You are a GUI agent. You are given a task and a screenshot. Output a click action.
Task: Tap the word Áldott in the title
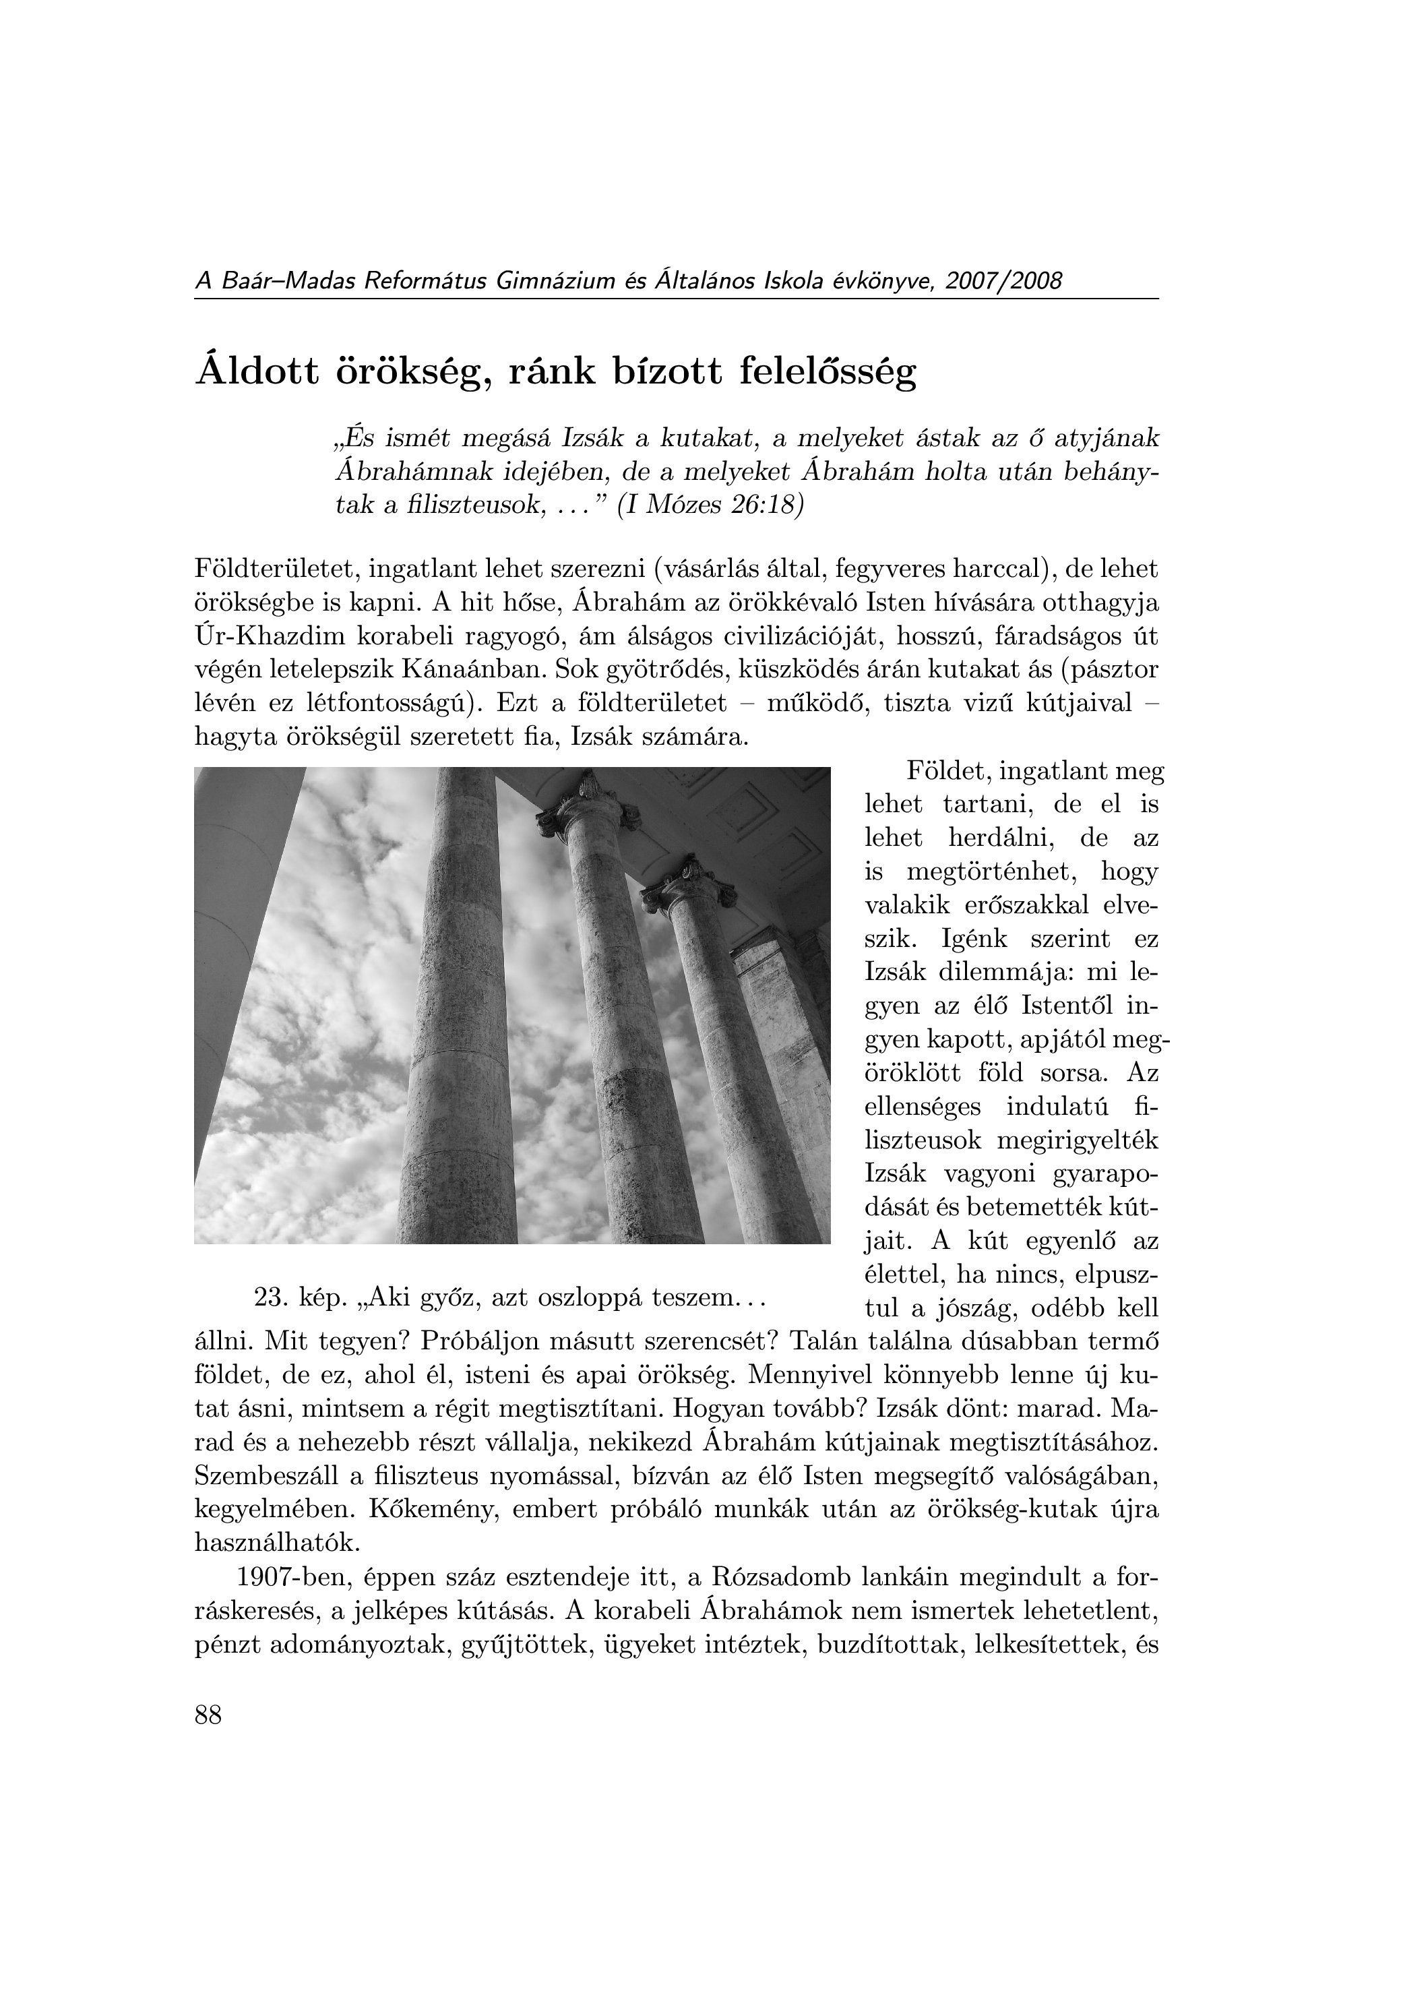tap(257, 372)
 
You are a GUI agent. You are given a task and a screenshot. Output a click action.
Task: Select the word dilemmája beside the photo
tap(997, 973)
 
